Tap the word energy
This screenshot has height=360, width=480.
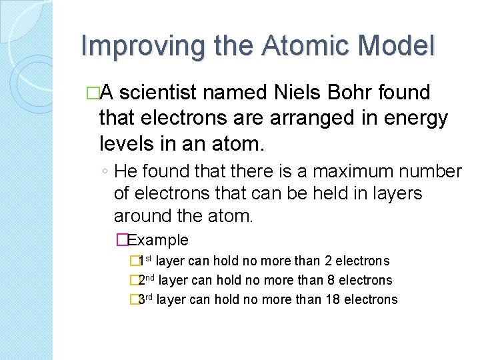(x=416, y=119)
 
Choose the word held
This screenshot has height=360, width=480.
(x=356, y=194)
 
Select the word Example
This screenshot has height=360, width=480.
(x=158, y=240)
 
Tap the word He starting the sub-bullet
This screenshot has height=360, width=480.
(x=125, y=172)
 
